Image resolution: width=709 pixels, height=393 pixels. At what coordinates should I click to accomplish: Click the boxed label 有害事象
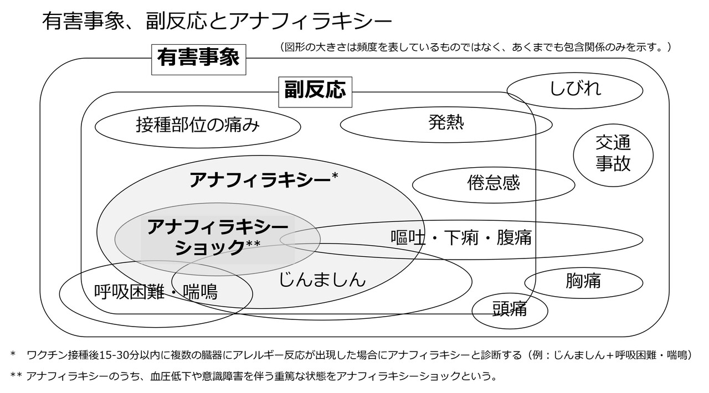click(x=198, y=58)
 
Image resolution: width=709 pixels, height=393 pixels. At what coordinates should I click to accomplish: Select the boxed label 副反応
click(x=315, y=90)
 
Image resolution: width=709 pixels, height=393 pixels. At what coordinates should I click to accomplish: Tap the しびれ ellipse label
click(x=574, y=89)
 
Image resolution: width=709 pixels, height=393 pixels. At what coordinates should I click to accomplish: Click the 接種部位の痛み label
click(x=198, y=126)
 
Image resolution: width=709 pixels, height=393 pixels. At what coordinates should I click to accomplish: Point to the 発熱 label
click(x=446, y=122)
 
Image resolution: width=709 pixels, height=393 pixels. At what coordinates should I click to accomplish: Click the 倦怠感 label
click(x=494, y=183)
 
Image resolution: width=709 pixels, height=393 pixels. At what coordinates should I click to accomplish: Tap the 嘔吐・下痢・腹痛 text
click(x=461, y=237)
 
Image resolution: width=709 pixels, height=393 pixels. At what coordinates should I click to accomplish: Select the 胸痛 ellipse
click(x=583, y=281)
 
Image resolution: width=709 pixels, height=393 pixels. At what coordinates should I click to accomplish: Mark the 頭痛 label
click(x=510, y=309)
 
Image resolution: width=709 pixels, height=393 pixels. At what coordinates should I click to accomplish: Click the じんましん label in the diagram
click(x=322, y=279)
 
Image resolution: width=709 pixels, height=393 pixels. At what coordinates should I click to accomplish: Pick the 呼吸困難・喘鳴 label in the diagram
click(x=156, y=291)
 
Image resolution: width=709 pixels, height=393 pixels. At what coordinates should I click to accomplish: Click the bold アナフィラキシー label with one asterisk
click(x=260, y=180)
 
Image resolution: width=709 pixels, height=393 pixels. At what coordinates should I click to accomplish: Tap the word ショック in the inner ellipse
click(x=209, y=247)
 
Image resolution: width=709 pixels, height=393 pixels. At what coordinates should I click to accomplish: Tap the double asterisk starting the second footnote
click(x=16, y=376)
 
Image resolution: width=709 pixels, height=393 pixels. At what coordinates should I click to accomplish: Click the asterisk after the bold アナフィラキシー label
click(x=335, y=176)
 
